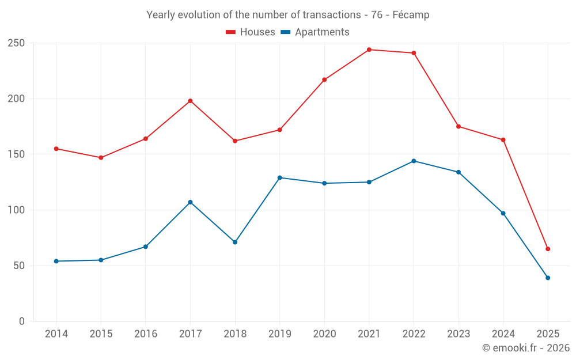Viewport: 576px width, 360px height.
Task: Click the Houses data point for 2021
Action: [x=369, y=50]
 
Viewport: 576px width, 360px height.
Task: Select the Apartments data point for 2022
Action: [x=414, y=161]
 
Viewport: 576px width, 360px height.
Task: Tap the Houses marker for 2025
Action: [x=548, y=249]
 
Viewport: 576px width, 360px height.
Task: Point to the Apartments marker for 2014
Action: [x=56, y=261]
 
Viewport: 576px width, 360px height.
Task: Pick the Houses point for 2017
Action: [x=190, y=101]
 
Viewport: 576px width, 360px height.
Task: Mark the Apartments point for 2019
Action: [x=280, y=177]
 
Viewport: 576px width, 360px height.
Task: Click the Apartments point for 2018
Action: [x=235, y=242]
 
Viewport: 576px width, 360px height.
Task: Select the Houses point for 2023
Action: [x=458, y=126]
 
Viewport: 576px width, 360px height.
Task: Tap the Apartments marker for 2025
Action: [x=548, y=278]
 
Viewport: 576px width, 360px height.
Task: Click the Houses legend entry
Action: [x=251, y=32]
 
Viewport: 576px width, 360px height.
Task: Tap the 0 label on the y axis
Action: [x=22, y=321]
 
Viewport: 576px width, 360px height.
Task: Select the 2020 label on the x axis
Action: [x=324, y=334]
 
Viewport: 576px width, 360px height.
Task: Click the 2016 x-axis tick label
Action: [x=146, y=334]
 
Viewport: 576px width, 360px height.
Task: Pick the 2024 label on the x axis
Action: [x=503, y=334]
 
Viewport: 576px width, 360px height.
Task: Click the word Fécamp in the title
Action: [x=411, y=15]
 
